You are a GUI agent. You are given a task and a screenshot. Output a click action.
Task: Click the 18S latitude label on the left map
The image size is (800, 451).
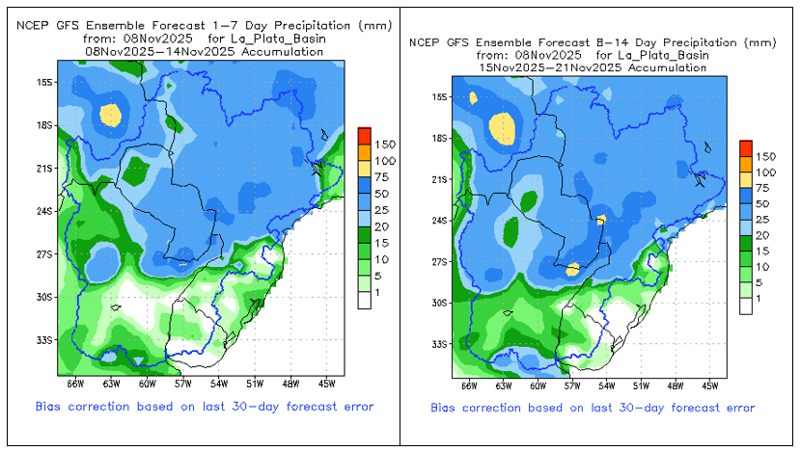pyautogui.click(x=43, y=125)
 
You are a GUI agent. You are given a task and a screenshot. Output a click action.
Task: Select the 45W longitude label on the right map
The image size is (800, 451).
pyautogui.click(x=709, y=385)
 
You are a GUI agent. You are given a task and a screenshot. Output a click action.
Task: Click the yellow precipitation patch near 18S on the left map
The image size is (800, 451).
pyautogui.click(x=111, y=115)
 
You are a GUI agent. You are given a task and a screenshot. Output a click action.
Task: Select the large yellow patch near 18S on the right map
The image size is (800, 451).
pyautogui.click(x=502, y=126)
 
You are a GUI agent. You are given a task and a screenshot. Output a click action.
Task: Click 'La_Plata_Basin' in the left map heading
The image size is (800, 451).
pyautogui.click(x=281, y=39)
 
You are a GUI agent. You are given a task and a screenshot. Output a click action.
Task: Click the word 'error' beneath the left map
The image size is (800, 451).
pyautogui.click(x=354, y=407)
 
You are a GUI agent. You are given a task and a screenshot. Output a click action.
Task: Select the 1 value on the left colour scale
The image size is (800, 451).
pyautogui.click(x=377, y=292)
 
